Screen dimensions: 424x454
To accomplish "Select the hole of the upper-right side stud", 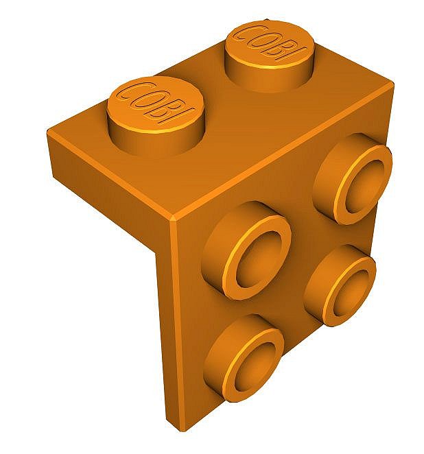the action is pos(363,187).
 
